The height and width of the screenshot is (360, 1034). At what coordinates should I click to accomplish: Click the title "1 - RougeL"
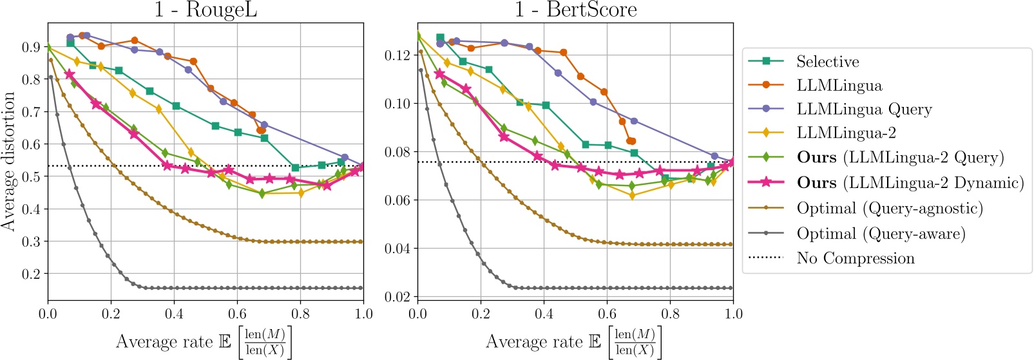pos(206,10)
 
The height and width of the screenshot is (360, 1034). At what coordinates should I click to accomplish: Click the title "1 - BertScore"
pos(575,10)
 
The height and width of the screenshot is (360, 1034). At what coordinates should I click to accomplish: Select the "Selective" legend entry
pos(827,62)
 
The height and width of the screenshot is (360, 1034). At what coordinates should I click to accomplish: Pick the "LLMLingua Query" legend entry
pos(864,109)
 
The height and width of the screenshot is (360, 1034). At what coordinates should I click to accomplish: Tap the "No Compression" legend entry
pos(855,258)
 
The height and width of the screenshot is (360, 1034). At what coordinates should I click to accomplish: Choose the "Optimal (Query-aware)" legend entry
pos(881,234)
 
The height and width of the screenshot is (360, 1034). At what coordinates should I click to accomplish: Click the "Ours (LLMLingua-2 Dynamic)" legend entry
pos(910,183)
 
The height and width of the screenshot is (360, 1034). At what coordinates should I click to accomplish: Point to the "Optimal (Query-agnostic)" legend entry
pos(890,209)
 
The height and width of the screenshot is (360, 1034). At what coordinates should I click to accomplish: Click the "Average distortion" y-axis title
pos(8,161)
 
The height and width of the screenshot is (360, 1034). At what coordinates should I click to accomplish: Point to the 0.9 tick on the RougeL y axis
pos(31,47)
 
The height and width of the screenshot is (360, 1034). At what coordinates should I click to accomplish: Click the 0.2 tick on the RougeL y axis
pos(31,274)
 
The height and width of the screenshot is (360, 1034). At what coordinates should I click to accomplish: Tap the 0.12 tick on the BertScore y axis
pos(397,55)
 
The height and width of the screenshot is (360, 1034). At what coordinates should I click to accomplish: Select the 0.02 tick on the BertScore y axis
pos(397,297)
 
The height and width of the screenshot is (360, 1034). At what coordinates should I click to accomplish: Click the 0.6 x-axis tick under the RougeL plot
pos(237,314)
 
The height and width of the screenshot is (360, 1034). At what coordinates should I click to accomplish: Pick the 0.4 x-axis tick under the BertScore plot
pos(544,314)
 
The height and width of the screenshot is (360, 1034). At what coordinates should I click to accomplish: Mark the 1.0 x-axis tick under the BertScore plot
pos(733,314)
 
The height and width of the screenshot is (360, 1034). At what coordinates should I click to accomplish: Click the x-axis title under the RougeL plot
pos(204,342)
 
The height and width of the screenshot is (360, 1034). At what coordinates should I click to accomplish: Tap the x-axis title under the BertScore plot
pos(573,342)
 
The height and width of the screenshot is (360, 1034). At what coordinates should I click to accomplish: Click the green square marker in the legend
pos(766,61)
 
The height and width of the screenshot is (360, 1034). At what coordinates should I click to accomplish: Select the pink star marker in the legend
pos(766,182)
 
